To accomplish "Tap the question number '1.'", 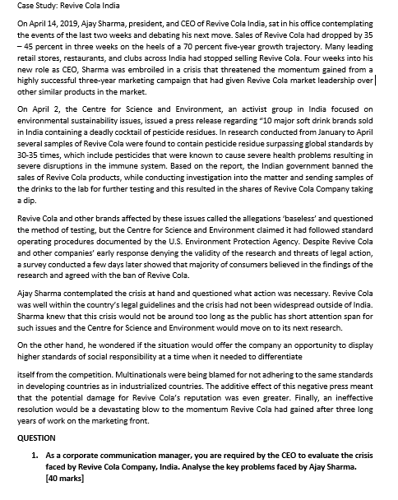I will tap(35, 455).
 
